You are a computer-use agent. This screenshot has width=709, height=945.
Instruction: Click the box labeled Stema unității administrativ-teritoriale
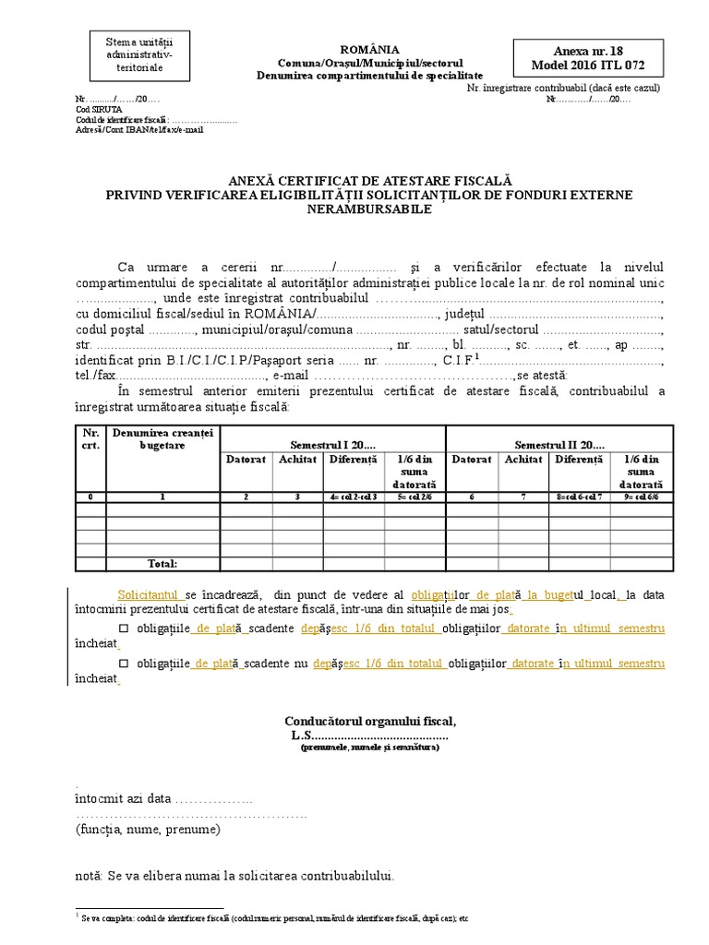pos(133,55)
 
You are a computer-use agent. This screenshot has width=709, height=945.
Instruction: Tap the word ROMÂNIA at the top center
pos(369,49)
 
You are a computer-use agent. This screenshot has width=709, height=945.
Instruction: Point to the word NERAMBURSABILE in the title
pos(369,209)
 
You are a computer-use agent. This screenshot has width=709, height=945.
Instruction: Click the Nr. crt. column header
pos(90,438)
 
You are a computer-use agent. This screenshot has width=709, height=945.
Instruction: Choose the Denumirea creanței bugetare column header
pos(162,438)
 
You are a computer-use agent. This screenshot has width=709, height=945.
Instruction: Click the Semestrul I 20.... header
pos(333,445)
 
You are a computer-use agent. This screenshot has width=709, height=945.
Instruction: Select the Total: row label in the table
pos(163,563)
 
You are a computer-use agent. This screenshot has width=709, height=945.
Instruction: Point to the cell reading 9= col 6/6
pos(641,496)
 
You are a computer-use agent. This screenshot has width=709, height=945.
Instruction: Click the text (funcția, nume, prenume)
pos(148,830)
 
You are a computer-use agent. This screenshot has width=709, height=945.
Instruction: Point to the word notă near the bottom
pos(89,875)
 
